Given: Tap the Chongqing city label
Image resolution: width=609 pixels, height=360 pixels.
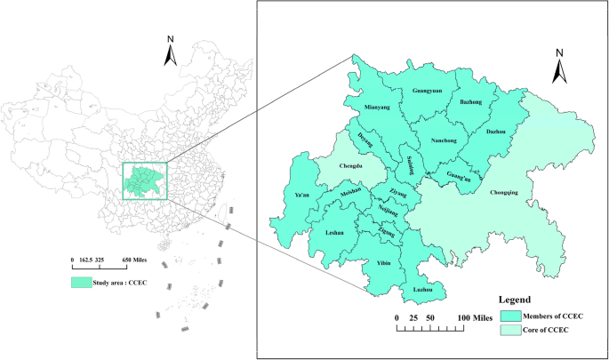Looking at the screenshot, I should (x=507, y=190).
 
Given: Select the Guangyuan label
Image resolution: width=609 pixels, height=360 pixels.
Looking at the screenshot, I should (x=431, y=91).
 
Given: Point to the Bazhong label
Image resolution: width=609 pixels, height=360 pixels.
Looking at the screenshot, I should (x=471, y=102).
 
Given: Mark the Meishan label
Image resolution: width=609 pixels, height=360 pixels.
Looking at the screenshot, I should (x=352, y=192).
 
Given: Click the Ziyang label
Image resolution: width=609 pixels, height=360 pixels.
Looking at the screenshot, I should (x=398, y=191).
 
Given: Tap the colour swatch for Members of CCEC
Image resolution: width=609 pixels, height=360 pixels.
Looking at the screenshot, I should (x=510, y=316).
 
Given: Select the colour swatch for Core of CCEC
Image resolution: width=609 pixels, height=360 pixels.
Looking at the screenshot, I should (x=510, y=331).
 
